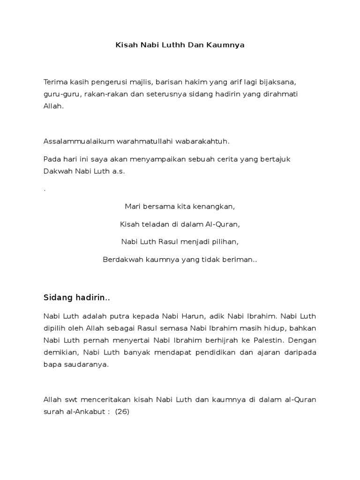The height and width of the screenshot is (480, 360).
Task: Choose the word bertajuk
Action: [275, 159]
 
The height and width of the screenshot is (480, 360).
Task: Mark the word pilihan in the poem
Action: [224, 242]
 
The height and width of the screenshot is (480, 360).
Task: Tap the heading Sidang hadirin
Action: [76, 298]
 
